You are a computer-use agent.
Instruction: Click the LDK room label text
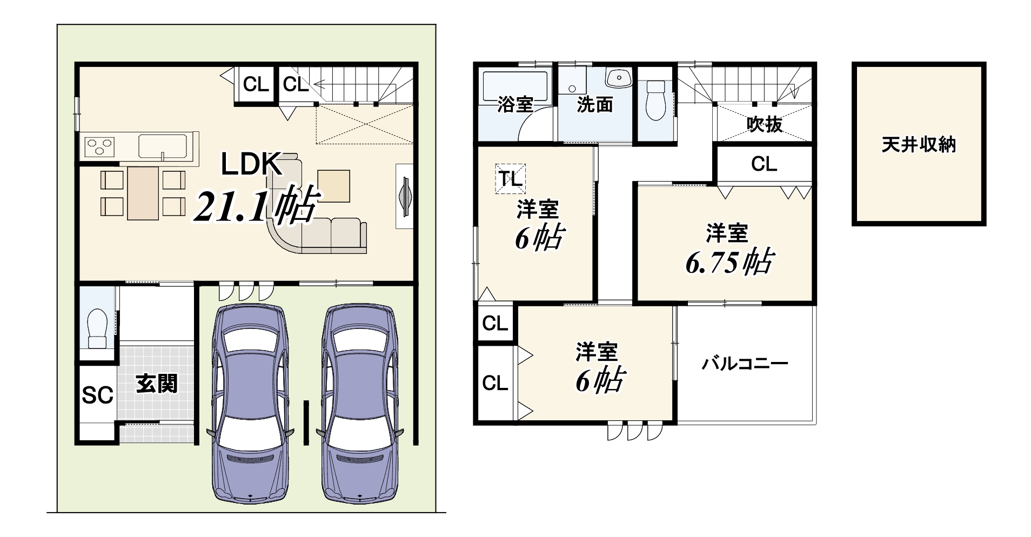click(x=252, y=164)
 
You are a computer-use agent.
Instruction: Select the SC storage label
click(x=97, y=395)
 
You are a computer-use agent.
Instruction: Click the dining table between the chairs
click(x=143, y=193)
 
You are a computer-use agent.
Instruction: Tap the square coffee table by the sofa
click(x=333, y=186)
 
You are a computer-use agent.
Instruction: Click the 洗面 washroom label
click(x=595, y=104)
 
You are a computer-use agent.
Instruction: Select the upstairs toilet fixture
click(x=656, y=100)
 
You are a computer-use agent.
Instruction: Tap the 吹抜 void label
click(x=765, y=125)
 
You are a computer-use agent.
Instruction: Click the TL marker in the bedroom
click(x=511, y=178)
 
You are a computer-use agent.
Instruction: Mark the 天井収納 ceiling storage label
click(x=919, y=145)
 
